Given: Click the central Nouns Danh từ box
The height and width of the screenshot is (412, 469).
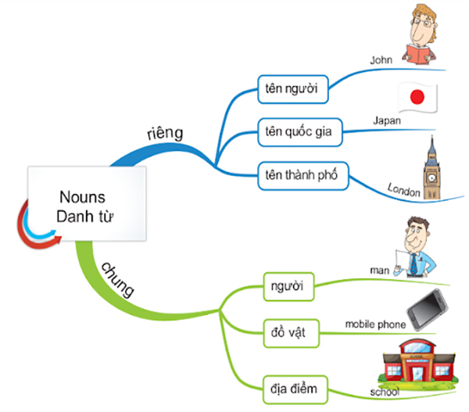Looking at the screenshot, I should click(86, 205).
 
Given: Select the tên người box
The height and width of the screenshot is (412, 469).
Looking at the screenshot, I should click(293, 88).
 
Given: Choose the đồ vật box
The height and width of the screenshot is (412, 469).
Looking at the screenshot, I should click(288, 334).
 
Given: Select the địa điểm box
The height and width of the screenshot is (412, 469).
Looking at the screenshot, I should click(293, 386).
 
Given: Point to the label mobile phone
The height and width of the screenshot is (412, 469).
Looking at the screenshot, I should click(375, 323).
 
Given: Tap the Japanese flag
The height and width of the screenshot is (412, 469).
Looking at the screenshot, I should click(417, 98).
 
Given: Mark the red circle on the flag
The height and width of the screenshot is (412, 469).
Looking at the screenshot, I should click(417, 98).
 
